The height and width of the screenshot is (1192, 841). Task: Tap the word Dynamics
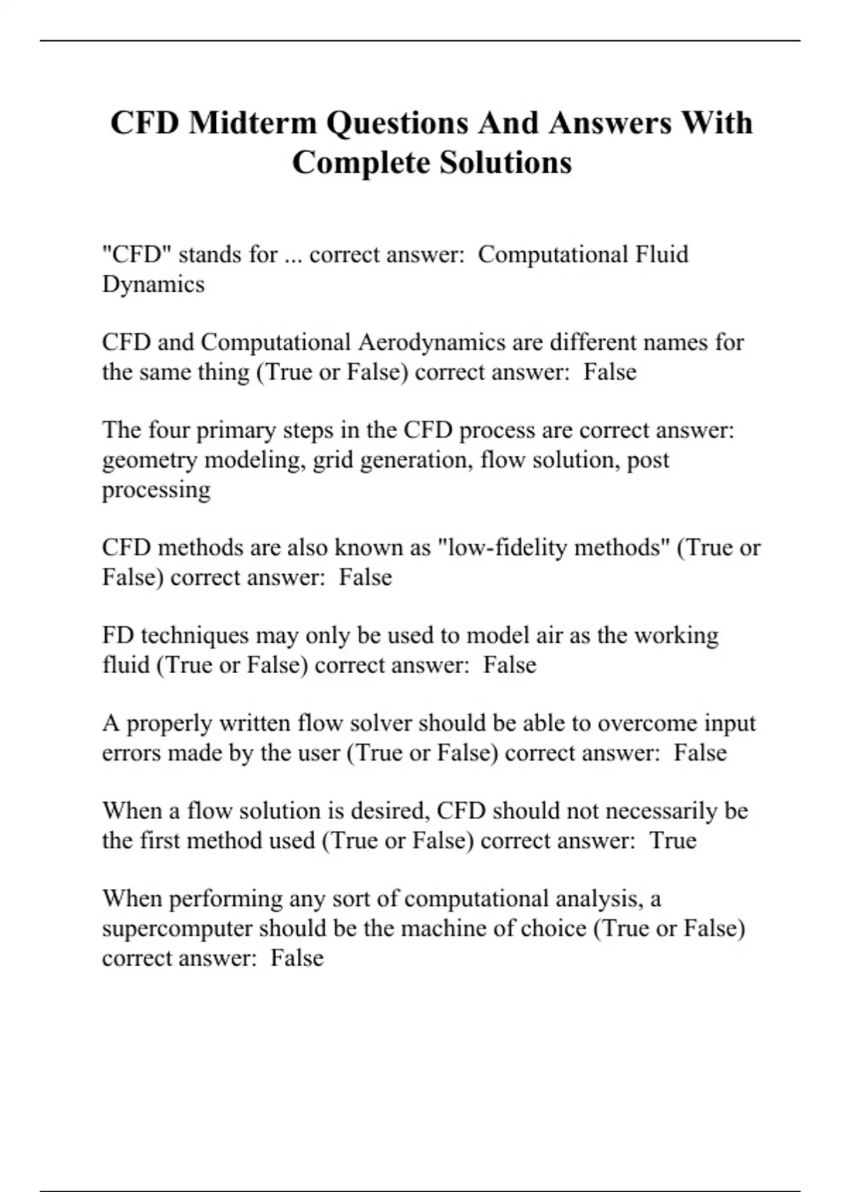coord(153,284)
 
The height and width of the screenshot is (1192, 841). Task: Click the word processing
coord(156,489)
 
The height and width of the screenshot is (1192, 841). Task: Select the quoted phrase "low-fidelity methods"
coord(554,548)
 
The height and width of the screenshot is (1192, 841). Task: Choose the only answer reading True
coord(673,841)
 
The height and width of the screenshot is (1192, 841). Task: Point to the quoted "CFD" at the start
coord(136,254)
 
